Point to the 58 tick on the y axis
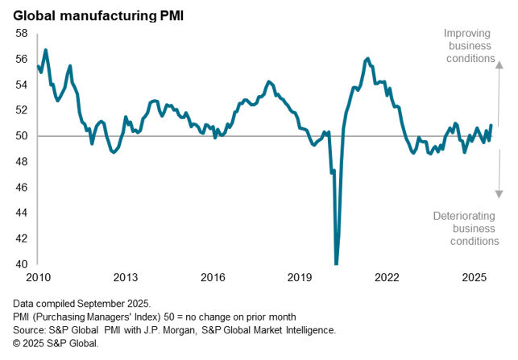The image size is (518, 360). click(22, 33)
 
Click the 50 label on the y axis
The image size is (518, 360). click(22, 136)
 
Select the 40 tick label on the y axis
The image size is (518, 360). click(22, 264)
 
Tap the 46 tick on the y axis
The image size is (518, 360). click(22, 188)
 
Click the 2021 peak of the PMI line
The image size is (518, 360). click(367, 58)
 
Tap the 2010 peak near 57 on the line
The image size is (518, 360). click(45, 50)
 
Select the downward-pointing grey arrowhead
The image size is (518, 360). click(499, 193)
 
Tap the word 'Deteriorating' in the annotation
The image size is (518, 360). click(466, 216)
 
